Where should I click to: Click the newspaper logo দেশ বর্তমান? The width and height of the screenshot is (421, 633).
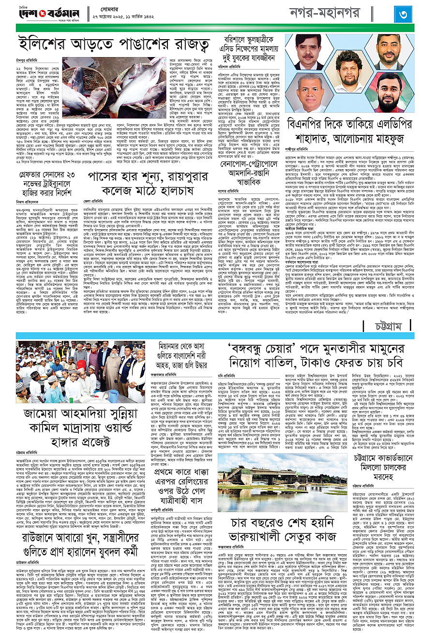tap(44, 13)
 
